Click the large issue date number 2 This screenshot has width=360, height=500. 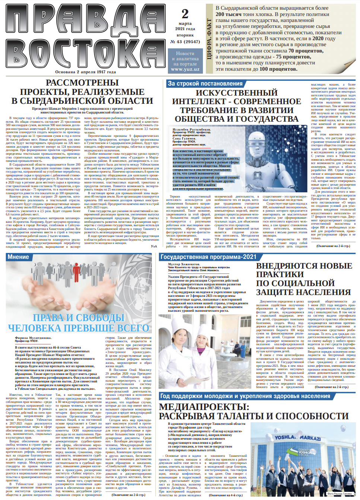click(185, 14)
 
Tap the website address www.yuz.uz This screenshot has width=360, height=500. click(185, 69)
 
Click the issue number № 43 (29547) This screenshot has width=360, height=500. click(185, 42)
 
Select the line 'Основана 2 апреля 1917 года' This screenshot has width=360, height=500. click(85, 72)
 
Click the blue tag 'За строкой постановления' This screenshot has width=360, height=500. click(205, 84)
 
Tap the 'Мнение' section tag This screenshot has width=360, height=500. click(18, 257)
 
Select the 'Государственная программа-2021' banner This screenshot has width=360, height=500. click(208, 257)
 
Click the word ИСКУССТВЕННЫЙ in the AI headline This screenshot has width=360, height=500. click(236, 93)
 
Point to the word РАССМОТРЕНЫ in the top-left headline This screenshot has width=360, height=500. click(82, 83)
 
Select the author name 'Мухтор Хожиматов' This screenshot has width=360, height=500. click(184, 264)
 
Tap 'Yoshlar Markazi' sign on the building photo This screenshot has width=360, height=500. click(297, 437)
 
